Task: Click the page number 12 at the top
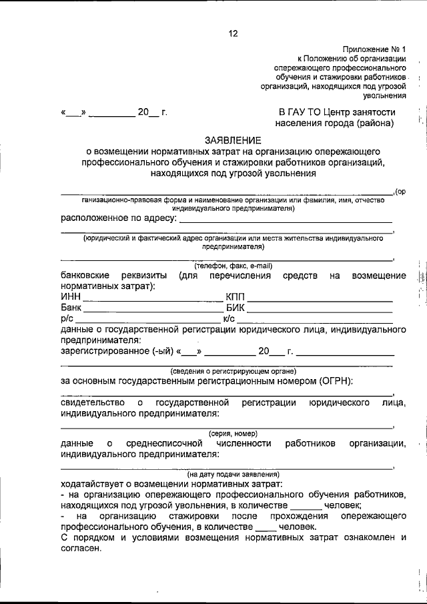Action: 232,33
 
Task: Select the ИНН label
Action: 70,296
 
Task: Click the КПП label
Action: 236,296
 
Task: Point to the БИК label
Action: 236,308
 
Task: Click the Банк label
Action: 71,308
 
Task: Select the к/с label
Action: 229,319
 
